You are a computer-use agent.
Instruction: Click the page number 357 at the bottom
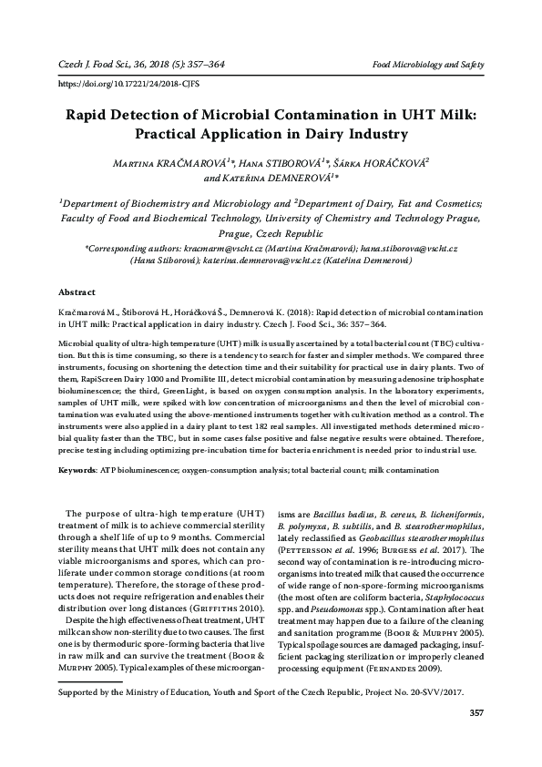tap(475, 738)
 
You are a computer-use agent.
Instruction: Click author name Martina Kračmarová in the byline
tap(166, 162)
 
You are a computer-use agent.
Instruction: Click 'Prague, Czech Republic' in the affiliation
tap(271, 232)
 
